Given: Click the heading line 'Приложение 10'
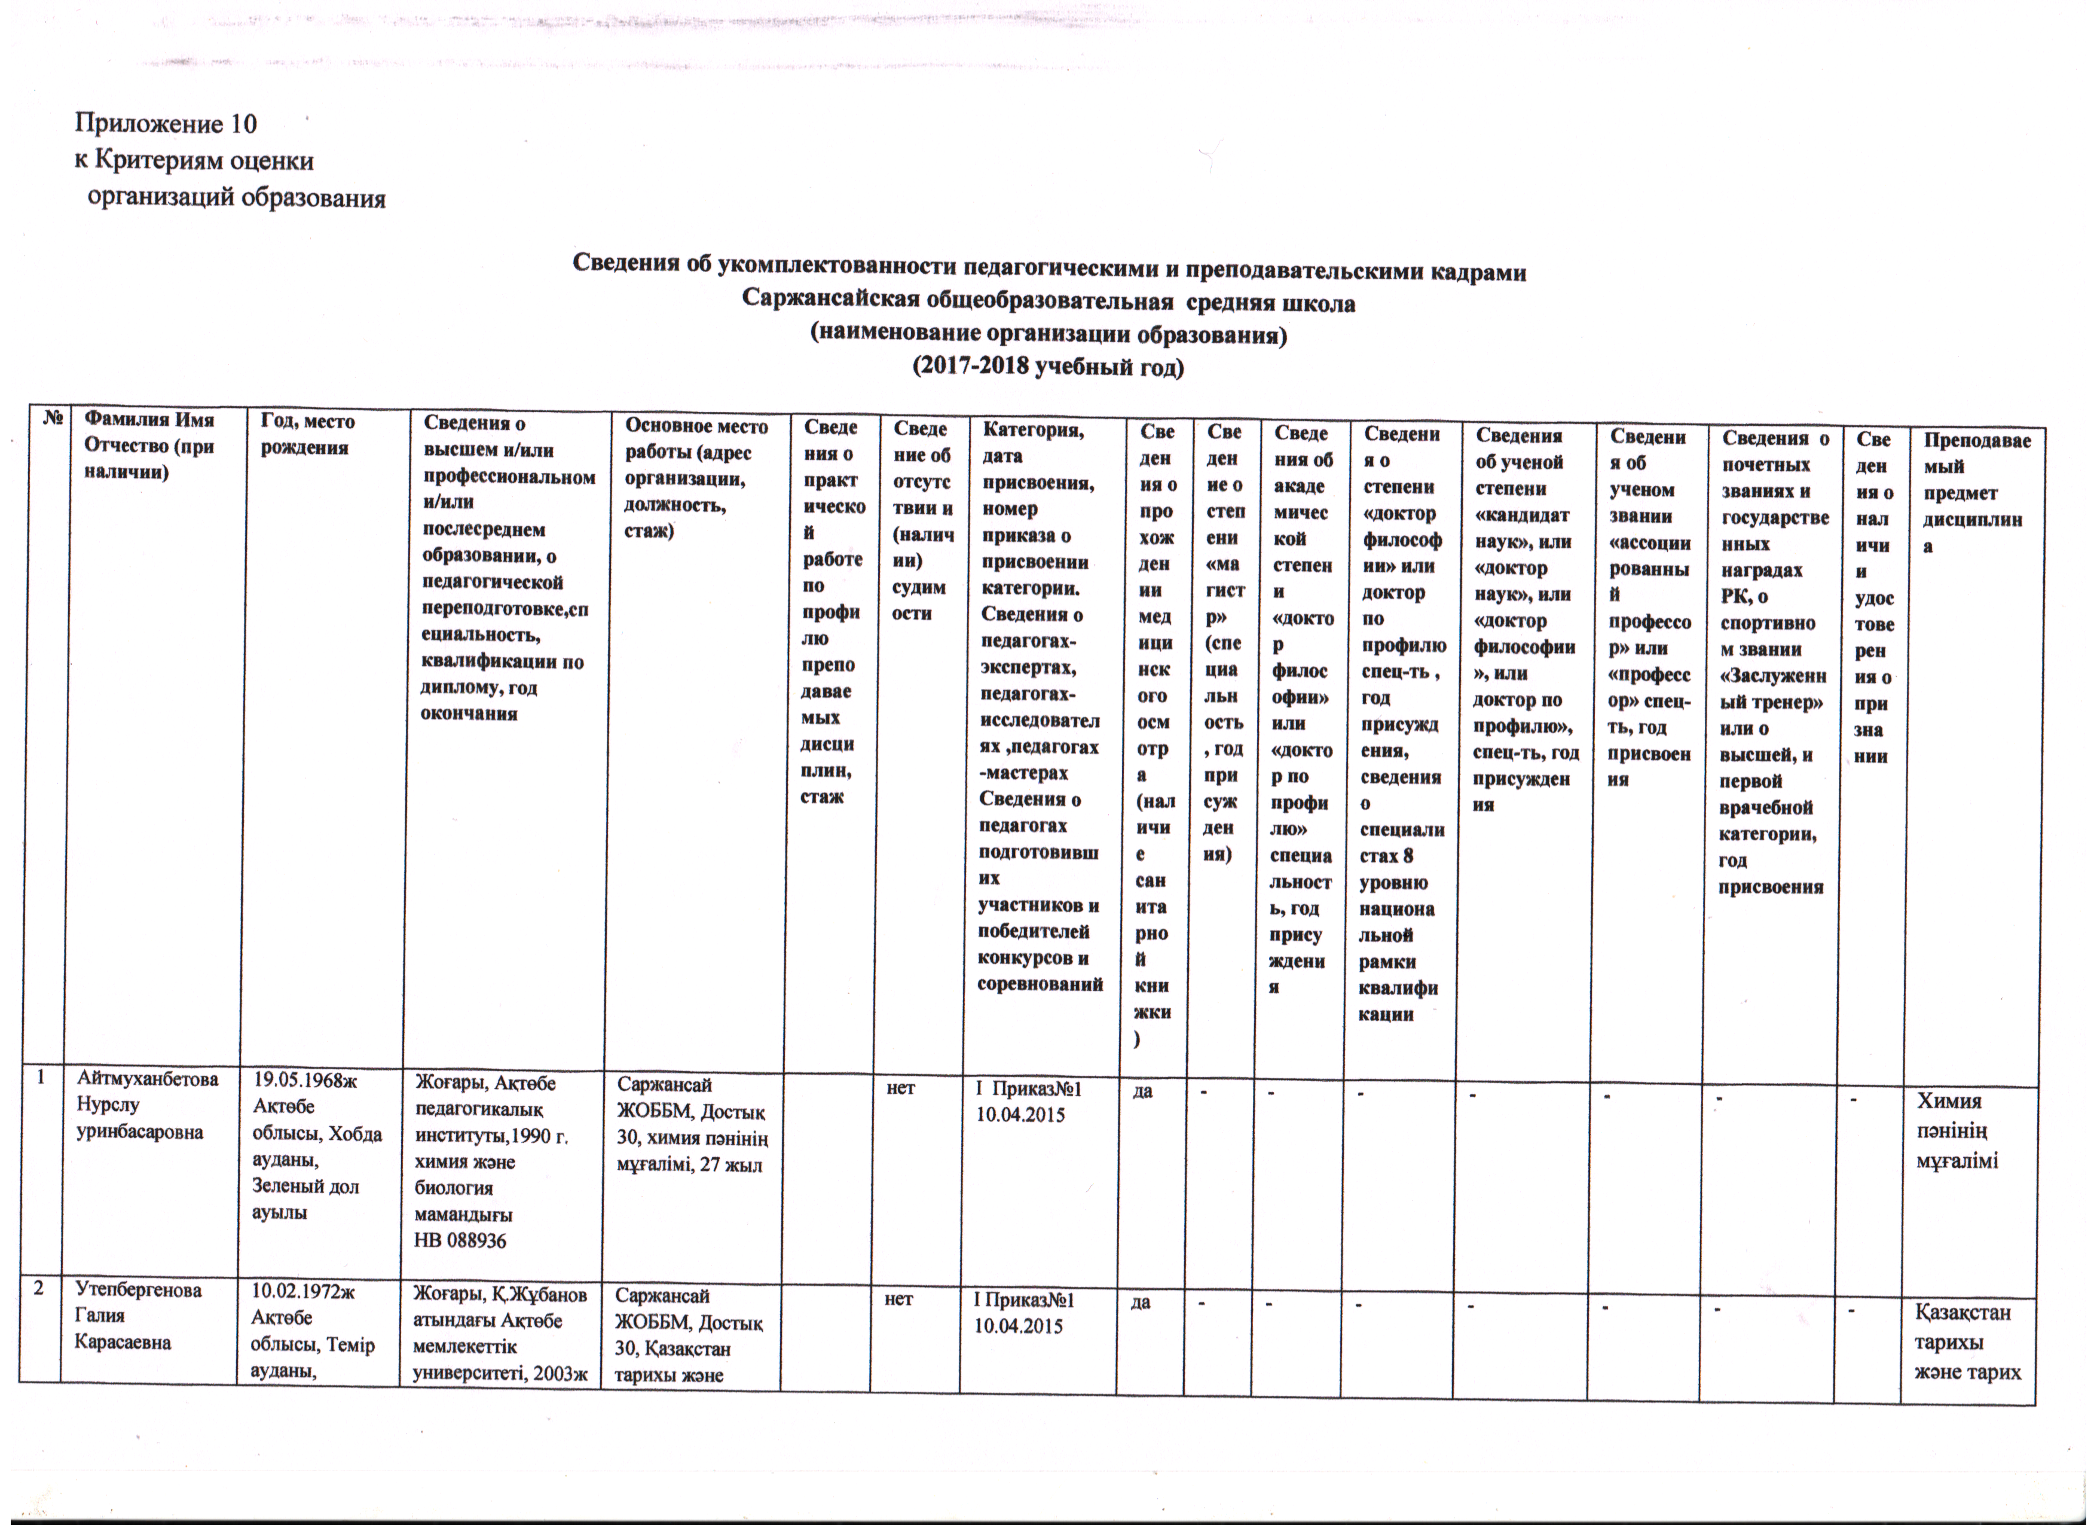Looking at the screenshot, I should (166, 124).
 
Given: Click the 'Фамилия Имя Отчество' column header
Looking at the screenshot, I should (148, 446).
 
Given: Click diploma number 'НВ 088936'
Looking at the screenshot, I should (460, 1240).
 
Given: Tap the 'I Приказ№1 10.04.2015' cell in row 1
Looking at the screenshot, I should (1029, 1102).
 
